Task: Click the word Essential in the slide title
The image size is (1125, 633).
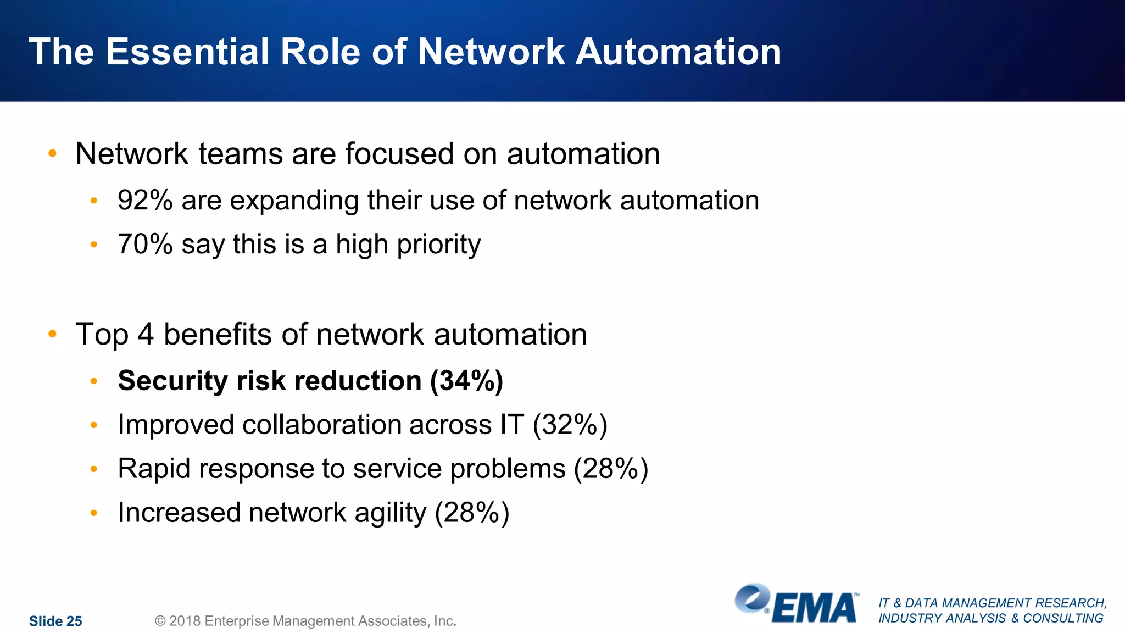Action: click(187, 52)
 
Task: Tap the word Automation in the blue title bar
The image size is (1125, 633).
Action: click(678, 52)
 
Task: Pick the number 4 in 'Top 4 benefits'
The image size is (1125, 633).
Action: click(146, 334)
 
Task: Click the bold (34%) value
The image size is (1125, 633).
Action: click(466, 381)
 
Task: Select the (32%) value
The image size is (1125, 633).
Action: click(570, 425)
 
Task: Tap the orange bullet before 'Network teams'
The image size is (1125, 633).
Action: click(53, 153)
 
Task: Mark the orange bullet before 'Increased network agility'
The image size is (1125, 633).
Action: click(94, 513)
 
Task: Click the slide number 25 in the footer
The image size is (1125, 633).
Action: click(74, 621)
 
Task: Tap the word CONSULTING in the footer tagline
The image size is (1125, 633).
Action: click(1063, 618)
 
